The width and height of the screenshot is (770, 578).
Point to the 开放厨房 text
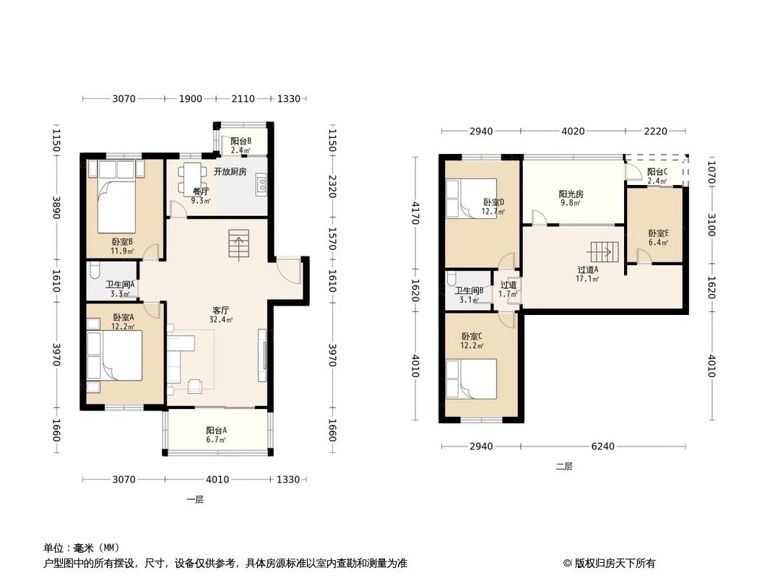(230, 171)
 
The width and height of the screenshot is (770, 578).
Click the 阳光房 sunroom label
(570, 194)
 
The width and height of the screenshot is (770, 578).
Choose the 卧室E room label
(658, 233)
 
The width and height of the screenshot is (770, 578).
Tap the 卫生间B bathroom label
(469, 290)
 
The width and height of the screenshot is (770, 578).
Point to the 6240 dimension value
(602, 447)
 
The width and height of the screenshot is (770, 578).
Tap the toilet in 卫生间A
(96, 274)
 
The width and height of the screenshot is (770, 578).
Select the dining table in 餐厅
(191, 176)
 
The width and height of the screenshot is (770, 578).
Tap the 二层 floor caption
(563, 467)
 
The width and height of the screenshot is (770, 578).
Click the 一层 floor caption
(194, 499)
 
